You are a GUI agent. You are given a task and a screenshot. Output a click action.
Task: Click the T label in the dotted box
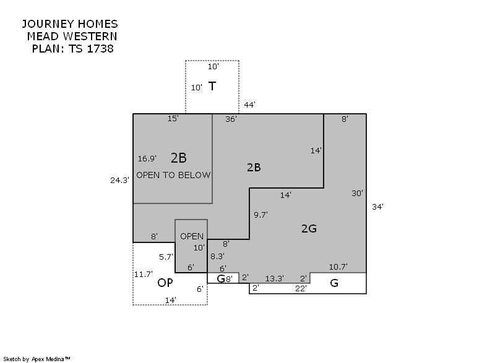(x=212, y=86)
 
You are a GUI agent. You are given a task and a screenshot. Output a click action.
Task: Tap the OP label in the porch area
(x=165, y=283)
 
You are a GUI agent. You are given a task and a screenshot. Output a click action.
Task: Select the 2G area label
(x=309, y=228)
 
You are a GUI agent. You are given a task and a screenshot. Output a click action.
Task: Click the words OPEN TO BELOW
(x=173, y=175)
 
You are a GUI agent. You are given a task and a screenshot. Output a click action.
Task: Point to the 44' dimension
(x=249, y=105)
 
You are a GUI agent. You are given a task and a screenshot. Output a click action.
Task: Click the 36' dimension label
(x=231, y=119)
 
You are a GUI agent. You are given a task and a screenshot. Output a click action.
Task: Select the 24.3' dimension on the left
(x=119, y=180)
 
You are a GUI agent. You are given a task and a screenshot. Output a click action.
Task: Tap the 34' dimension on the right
(x=377, y=207)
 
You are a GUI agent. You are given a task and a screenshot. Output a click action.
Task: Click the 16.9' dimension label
(x=147, y=158)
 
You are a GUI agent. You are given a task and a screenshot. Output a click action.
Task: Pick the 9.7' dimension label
(x=260, y=215)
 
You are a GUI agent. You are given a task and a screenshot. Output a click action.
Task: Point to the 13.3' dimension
(x=274, y=278)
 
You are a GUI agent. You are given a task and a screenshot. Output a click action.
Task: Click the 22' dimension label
(x=301, y=288)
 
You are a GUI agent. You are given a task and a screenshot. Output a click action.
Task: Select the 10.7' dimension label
(x=338, y=267)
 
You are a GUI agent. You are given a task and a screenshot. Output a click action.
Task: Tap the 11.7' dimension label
(x=144, y=274)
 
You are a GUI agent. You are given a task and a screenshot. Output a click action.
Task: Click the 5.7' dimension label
(x=166, y=257)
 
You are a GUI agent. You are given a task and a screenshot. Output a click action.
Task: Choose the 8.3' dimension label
(x=218, y=256)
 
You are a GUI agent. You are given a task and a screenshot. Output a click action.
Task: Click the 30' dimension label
(x=358, y=193)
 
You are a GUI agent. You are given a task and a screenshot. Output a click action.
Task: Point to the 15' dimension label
(x=173, y=118)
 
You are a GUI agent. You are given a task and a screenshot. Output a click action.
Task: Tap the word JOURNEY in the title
(x=48, y=24)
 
